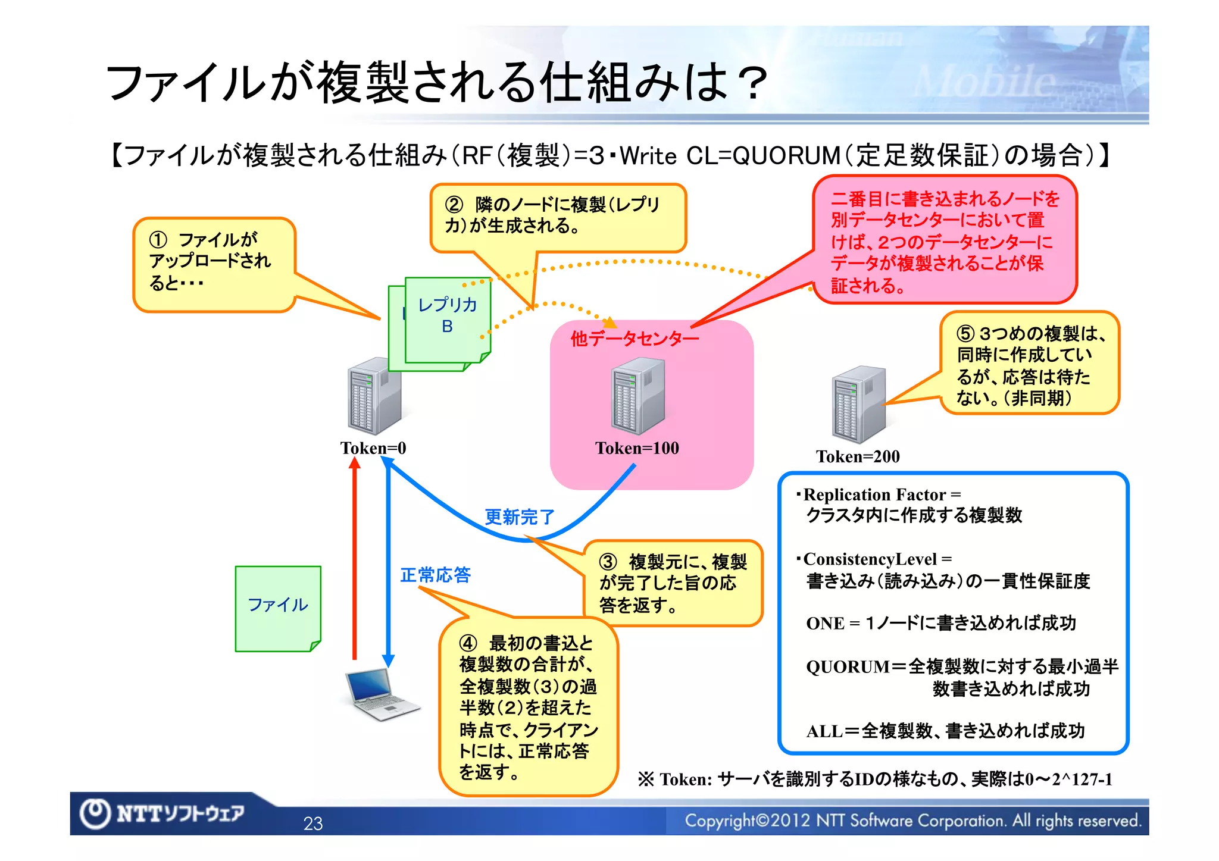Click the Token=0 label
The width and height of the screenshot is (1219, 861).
(373, 448)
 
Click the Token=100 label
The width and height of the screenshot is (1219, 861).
(637, 448)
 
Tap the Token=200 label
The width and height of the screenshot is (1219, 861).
(858, 456)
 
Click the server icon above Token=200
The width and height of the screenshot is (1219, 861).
(858, 405)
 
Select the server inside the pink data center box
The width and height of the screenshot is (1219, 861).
(637, 396)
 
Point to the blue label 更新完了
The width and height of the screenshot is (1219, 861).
(520, 517)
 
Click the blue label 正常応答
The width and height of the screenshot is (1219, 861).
(435, 575)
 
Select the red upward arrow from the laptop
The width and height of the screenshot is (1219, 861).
(355, 559)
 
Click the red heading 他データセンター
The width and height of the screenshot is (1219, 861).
(634, 339)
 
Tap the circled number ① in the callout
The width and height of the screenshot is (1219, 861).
(158, 240)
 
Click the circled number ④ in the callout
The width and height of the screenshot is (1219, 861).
(468, 643)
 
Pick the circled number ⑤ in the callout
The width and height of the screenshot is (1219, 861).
(965, 333)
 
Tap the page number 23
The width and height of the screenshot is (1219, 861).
(313, 824)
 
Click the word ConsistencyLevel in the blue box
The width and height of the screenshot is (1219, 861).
(870, 559)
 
